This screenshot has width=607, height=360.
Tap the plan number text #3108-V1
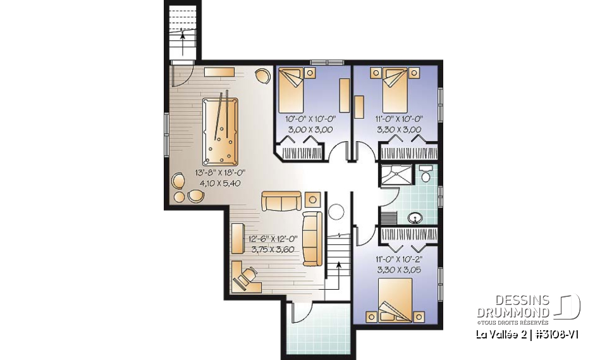(x=556, y=333)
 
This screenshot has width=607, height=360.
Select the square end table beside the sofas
(x=312, y=199)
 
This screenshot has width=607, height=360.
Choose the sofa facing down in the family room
(x=281, y=201)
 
